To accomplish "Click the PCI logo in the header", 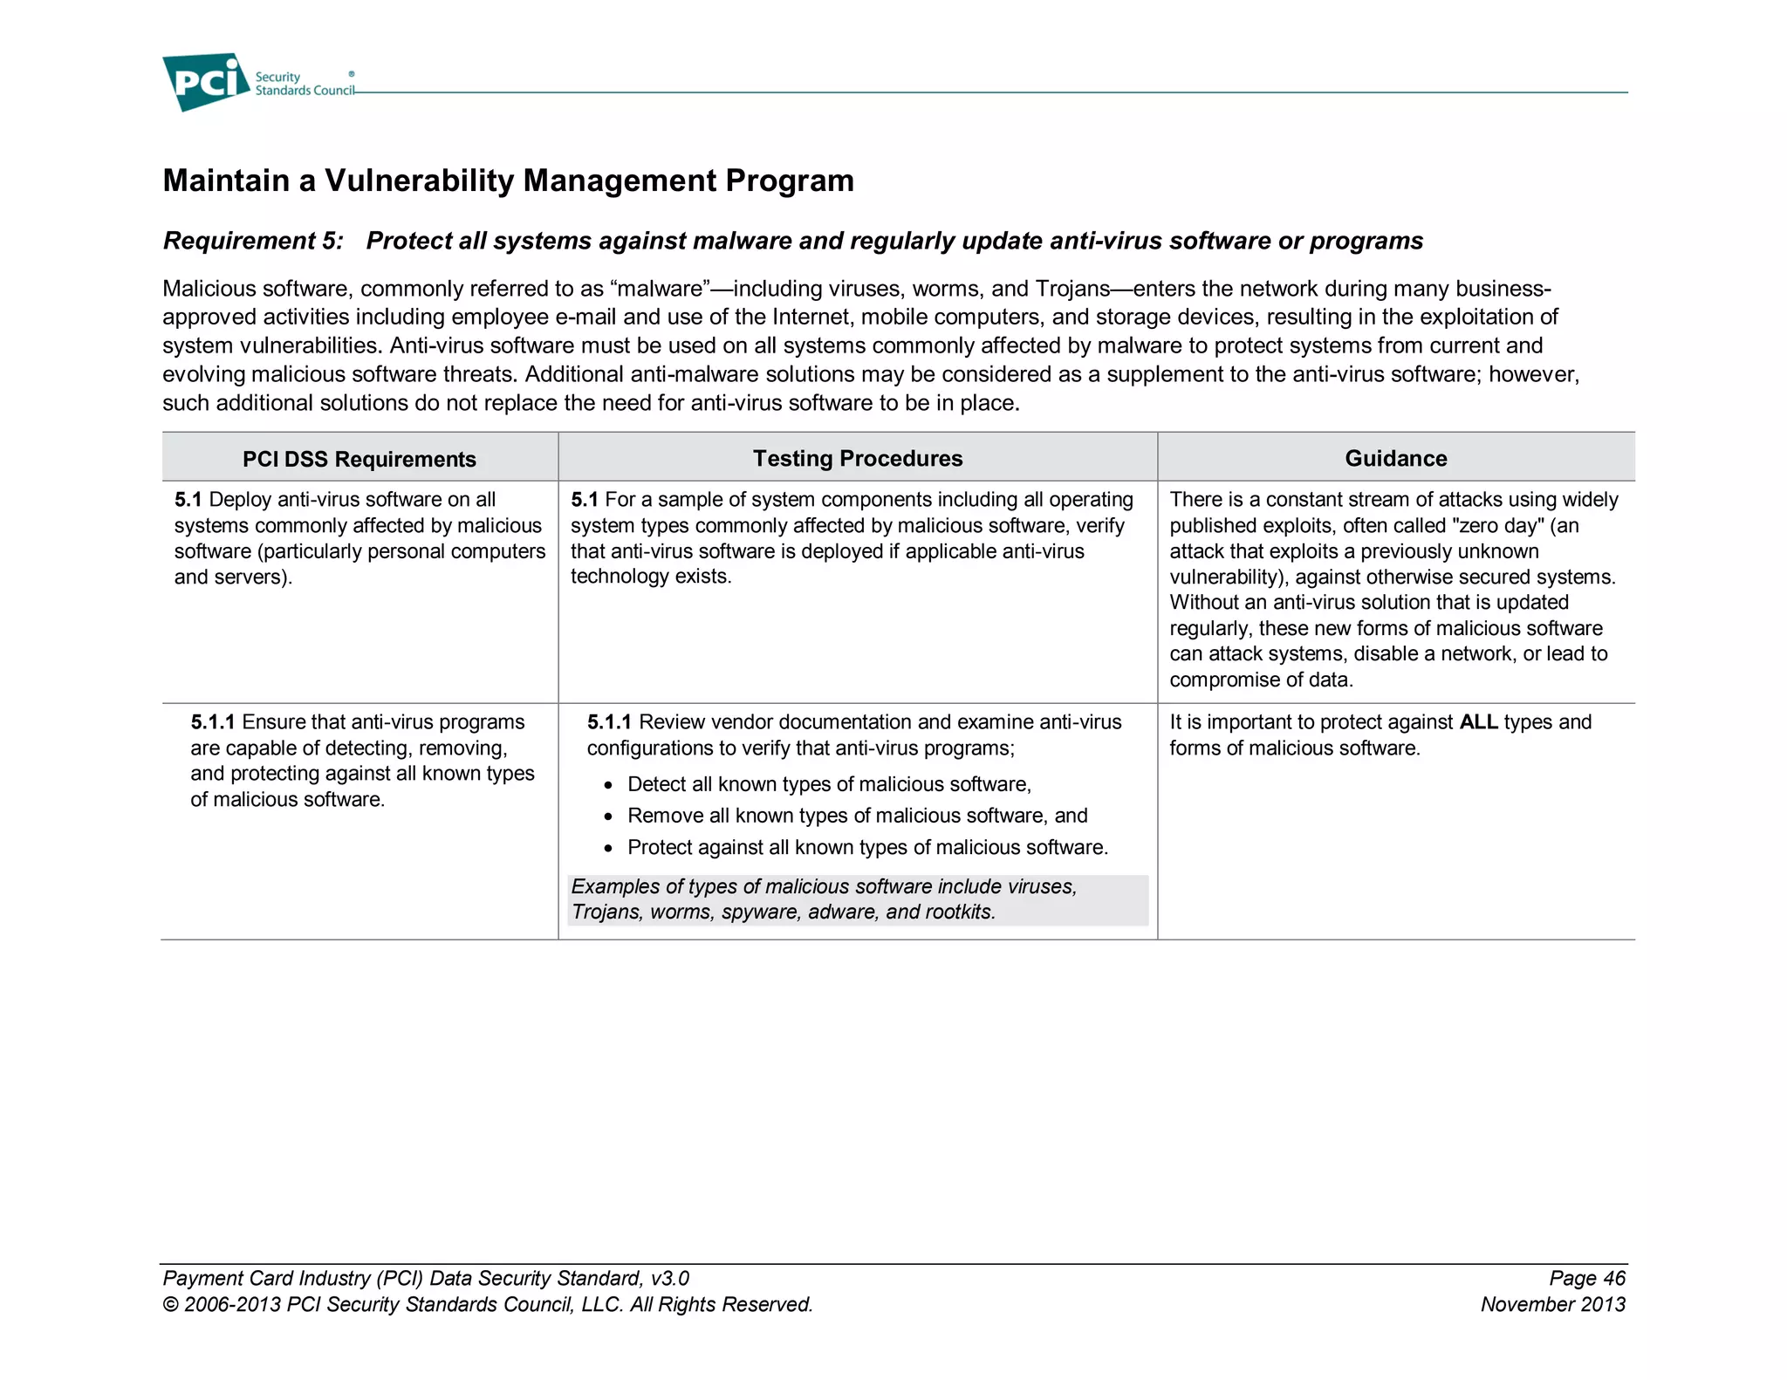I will [x=206, y=81].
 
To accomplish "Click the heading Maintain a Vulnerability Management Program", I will [x=508, y=181].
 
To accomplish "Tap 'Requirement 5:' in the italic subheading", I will [x=253, y=241].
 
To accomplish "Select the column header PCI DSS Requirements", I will [x=359, y=459].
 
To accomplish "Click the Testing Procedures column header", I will [x=857, y=458].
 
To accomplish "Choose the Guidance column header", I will [x=1395, y=458].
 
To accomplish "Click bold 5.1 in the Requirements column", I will [x=188, y=500].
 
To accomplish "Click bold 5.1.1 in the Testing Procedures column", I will [x=608, y=722].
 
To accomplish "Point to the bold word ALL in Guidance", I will [x=1478, y=722].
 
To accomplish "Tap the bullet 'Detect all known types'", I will [x=828, y=784].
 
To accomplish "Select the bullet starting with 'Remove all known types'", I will [x=856, y=816].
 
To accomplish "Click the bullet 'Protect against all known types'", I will [x=866, y=848].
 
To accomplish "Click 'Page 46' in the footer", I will [x=1586, y=1279].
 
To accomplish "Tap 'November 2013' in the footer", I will [x=1552, y=1305].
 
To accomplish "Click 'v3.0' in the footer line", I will [x=669, y=1279].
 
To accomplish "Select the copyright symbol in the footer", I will [x=171, y=1305].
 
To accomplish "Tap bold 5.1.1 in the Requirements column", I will [x=212, y=722].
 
